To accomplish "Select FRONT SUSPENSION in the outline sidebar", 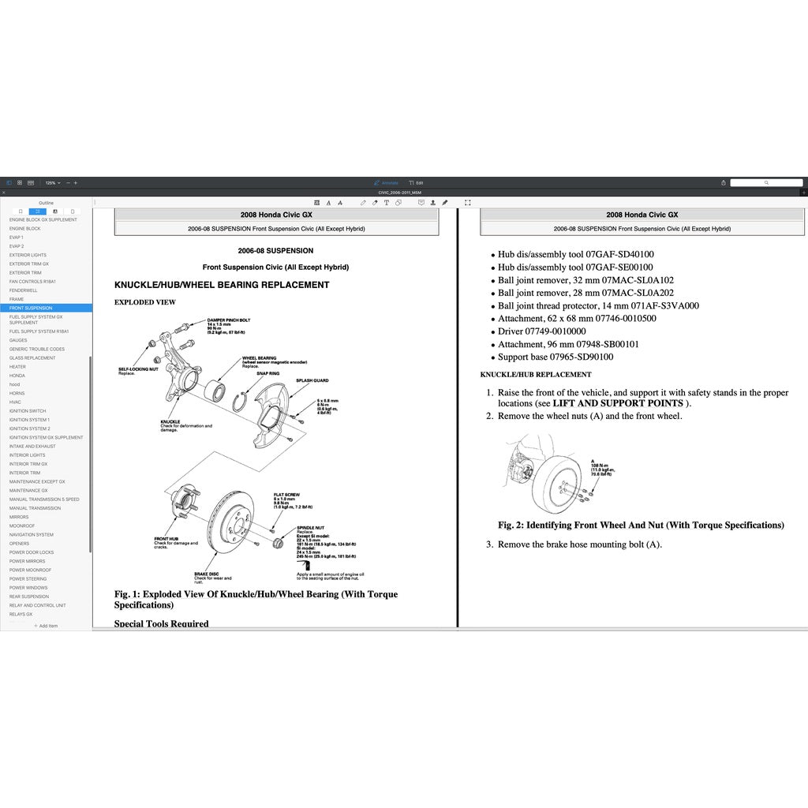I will (32, 308).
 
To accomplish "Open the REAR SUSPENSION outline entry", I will (29, 597).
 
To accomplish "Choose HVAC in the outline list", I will (16, 402).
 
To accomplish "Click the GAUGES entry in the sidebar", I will (18, 340).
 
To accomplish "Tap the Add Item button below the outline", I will (46, 625).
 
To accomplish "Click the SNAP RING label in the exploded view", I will (268, 372).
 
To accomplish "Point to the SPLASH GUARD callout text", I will (312, 380).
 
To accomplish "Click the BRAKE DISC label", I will (206, 574).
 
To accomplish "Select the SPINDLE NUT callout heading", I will (309, 527).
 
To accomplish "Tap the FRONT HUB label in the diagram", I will (166, 538).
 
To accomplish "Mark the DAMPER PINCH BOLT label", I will (229, 320).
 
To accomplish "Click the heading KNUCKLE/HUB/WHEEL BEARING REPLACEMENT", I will (222, 285).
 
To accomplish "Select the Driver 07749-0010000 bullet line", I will (541, 331).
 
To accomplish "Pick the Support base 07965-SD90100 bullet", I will (555, 357).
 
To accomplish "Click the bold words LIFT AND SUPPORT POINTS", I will (623, 403).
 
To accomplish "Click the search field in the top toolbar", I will (765, 182).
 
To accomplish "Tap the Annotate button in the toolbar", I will (386, 182).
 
